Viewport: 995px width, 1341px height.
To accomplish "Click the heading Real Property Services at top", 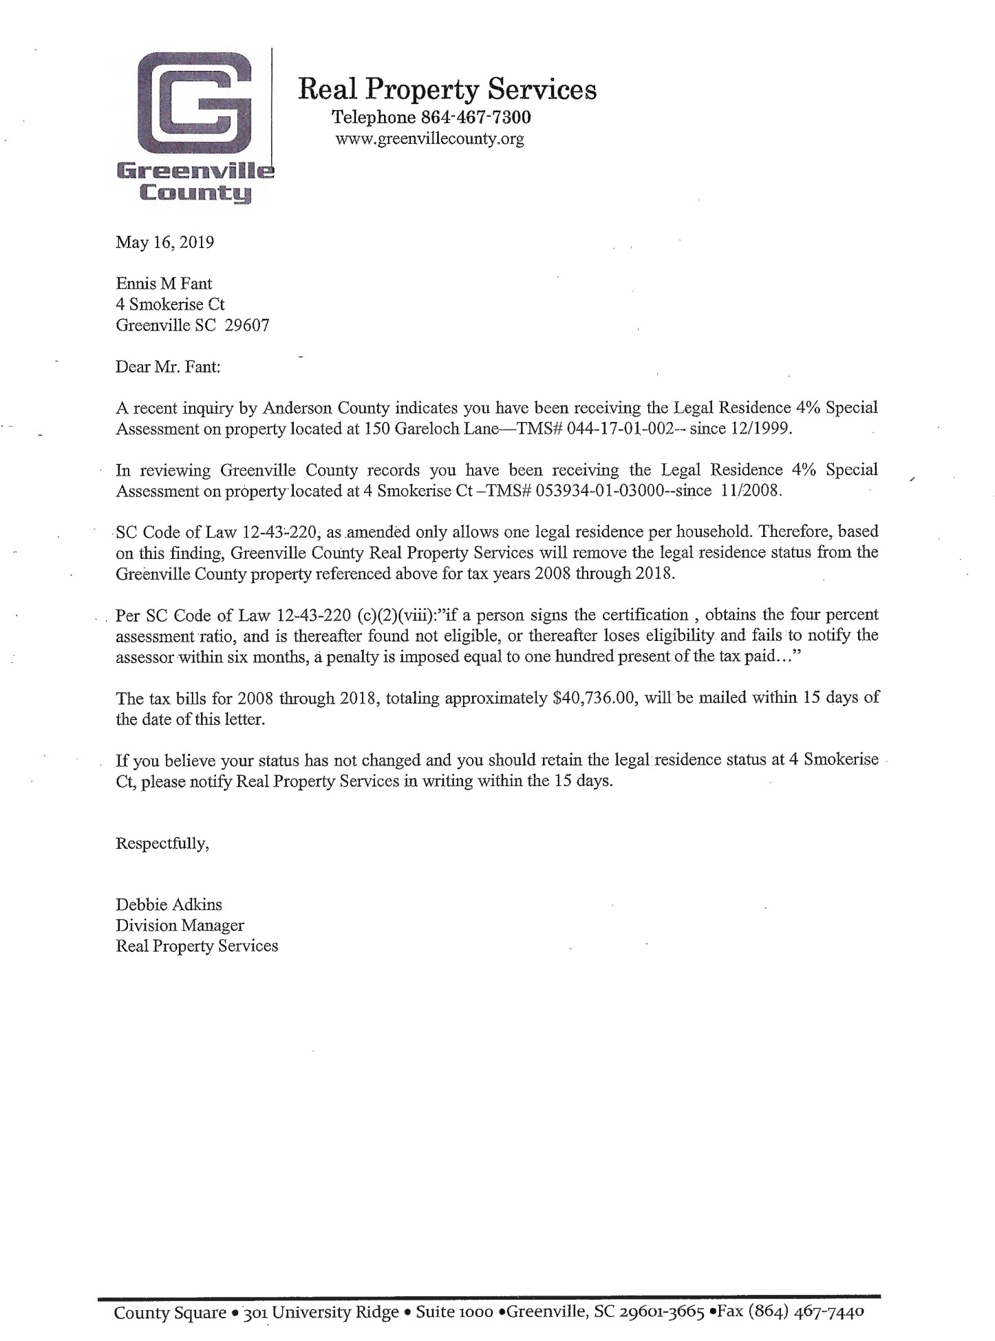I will click(447, 89).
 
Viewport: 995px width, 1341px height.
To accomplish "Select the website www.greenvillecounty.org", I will click(429, 139).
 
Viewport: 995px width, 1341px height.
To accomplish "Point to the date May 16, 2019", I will click(165, 242).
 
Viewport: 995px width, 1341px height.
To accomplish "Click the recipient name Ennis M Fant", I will click(164, 283).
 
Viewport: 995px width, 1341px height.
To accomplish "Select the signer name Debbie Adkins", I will click(169, 905).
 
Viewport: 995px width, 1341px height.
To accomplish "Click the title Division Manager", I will click(180, 925).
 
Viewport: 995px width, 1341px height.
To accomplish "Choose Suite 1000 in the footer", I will click(455, 1312).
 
